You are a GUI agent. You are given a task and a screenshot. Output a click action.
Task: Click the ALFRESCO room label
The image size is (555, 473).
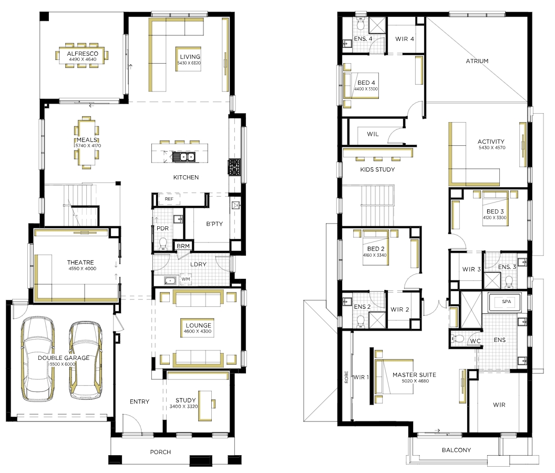coord(83,54)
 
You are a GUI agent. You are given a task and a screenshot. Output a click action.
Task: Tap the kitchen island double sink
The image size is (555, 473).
coord(183,157)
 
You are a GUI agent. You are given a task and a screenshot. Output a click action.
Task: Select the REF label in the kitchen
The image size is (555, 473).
coord(169,199)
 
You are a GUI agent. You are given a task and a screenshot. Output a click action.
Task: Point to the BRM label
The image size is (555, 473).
coord(183,246)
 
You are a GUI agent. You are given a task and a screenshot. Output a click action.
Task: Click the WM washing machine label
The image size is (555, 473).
coord(186,279)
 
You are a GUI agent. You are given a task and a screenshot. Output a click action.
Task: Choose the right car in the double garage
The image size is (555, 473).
coord(85,360)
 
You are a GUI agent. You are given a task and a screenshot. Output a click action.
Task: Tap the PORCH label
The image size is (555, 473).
coord(160,452)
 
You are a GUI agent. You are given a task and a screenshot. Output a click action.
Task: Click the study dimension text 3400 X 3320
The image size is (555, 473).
coord(183,406)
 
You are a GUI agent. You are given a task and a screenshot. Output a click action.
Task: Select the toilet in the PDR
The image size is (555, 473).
coord(163,244)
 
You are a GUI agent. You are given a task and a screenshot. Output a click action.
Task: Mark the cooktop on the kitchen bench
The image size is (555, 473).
coord(234,167)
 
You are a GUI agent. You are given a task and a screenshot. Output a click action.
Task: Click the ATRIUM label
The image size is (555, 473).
coord(477,61)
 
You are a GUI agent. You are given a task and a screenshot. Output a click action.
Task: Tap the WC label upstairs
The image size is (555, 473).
coord(475,341)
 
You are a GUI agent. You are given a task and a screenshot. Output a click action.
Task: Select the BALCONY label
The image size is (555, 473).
coord(456,450)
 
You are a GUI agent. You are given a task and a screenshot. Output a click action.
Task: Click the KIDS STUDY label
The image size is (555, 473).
coord(377,169)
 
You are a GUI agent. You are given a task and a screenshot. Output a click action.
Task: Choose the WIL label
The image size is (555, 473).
coord(373,134)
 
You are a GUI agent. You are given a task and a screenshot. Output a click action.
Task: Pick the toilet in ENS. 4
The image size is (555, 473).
coord(361,24)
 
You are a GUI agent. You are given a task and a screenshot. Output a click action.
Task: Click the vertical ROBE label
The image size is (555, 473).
coord(346,377)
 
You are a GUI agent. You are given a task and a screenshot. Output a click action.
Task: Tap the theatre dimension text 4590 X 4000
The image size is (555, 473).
coord(83,268)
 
